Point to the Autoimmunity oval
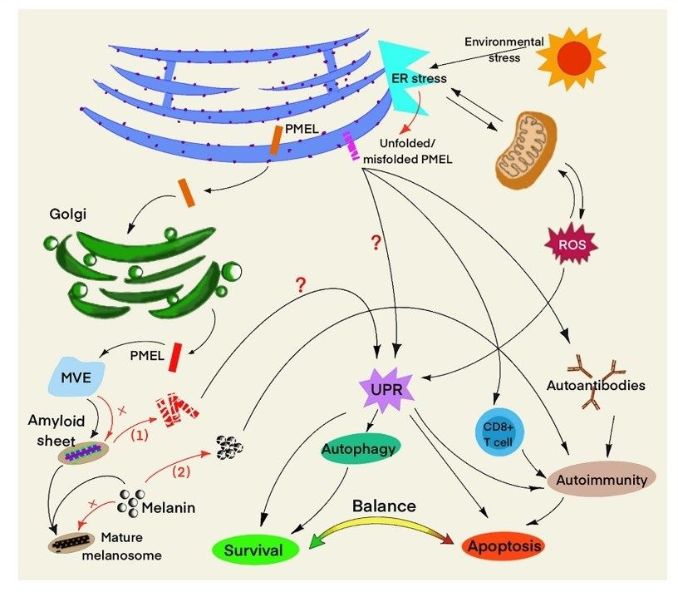point(602,479)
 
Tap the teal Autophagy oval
point(360,451)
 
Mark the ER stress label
point(419,78)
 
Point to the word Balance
point(383,506)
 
